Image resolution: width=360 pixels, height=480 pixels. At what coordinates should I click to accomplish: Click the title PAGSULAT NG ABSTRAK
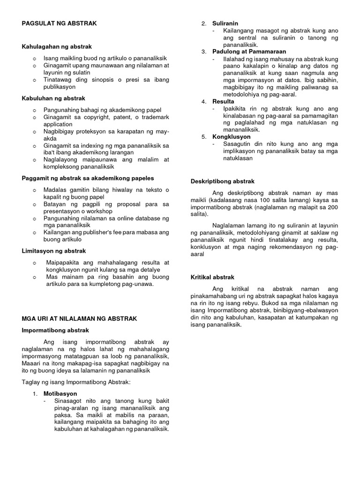pos(59,23)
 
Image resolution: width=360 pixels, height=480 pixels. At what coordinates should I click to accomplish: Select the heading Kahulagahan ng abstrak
pos(57,47)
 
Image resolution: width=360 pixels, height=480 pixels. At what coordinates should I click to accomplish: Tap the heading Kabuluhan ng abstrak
pos(53,98)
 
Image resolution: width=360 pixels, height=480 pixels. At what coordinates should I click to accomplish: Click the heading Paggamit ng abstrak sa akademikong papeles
pos(88,179)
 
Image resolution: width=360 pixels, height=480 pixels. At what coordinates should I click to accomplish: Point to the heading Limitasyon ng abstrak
pos(54,251)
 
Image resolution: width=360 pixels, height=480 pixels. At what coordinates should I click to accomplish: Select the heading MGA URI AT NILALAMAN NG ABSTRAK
pos(80,319)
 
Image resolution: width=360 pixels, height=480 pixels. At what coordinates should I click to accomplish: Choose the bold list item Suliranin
pos(225,23)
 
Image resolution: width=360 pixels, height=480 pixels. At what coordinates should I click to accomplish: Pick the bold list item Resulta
pos(223,101)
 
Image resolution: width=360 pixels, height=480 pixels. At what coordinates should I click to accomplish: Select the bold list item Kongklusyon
pos(231,136)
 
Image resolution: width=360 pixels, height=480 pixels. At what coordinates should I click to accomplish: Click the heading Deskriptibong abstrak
pos(223,181)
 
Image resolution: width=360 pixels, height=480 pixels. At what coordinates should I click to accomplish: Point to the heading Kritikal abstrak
pos(212,277)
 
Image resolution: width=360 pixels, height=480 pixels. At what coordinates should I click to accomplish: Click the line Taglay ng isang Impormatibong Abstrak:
pos(76,382)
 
